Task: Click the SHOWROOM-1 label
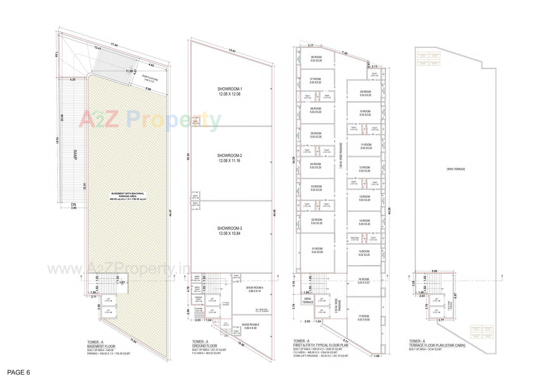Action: click(229, 89)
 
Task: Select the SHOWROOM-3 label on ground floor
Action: click(229, 228)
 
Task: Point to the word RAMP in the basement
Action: click(75, 155)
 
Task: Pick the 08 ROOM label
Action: click(316, 57)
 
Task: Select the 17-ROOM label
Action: click(363, 316)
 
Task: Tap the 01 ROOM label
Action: click(317, 249)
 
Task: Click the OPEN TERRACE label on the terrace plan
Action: click(456, 169)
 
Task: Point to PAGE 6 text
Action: click(19, 372)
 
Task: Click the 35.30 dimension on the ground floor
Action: click(188, 157)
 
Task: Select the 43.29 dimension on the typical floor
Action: click(389, 211)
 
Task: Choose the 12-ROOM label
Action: click(365, 167)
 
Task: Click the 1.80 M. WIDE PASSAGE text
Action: click(341, 156)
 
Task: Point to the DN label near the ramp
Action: click(74, 204)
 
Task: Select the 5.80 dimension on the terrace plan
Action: click(434, 271)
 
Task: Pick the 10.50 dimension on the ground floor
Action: click(241, 344)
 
